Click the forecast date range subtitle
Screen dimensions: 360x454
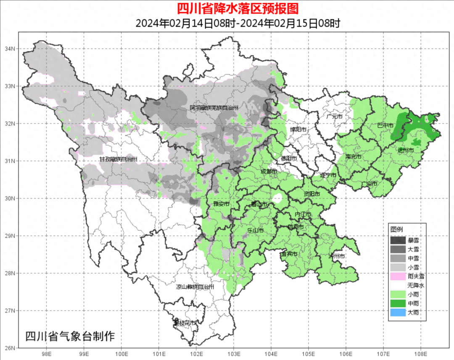[x=238, y=23]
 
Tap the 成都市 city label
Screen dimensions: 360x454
[x=269, y=171]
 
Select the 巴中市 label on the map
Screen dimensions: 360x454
[x=385, y=125]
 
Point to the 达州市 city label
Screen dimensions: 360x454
[x=406, y=150]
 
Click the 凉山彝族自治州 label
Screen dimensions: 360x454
[x=195, y=287]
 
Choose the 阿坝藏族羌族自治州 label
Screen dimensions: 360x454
[x=214, y=108]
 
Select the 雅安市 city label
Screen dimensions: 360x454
[x=221, y=204]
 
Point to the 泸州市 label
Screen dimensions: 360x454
[x=337, y=256]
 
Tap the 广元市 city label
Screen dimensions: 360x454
[x=335, y=116]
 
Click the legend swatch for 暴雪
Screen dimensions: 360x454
[x=398, y=241]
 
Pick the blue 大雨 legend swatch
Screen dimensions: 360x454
[x=398, y=313]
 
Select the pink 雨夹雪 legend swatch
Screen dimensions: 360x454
[x=398, y=276]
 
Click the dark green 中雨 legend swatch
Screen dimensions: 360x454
[x=398, y=303]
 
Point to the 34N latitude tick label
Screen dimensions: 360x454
[x=10, y=49]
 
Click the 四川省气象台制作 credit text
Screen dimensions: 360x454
[x=70, y=336]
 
